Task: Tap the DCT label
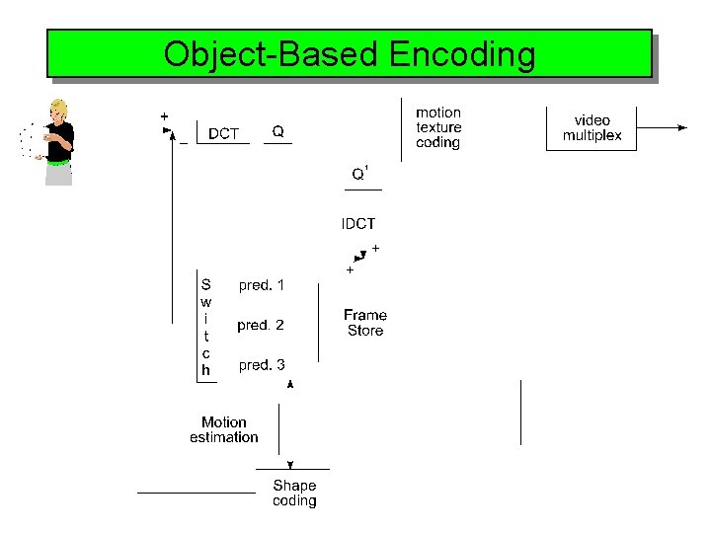click(x=223, y=133)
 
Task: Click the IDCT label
click(x=358, y=224)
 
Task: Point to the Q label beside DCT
click(x=278, y=131)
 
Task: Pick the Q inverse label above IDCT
click(x=360, y=175)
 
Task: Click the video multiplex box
click(x=592, y=128)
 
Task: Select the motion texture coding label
click(x=438, y=127)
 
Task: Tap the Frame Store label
click(x=365, y=323)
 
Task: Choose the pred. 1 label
click(x=262, y=285)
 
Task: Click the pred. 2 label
click(x=261, y=325)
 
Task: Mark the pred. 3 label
click(x=262, y=365)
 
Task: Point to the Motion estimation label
click(x=224, y=429)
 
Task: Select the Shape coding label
click(x=294, y=493)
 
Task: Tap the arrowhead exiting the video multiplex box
click(x=680, y=127)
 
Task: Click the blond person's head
click(x=59, y=109)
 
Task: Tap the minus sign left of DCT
click(x=184, y=143)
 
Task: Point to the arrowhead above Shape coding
click(x=290, y=464)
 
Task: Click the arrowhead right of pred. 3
click(x=289, y=383)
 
